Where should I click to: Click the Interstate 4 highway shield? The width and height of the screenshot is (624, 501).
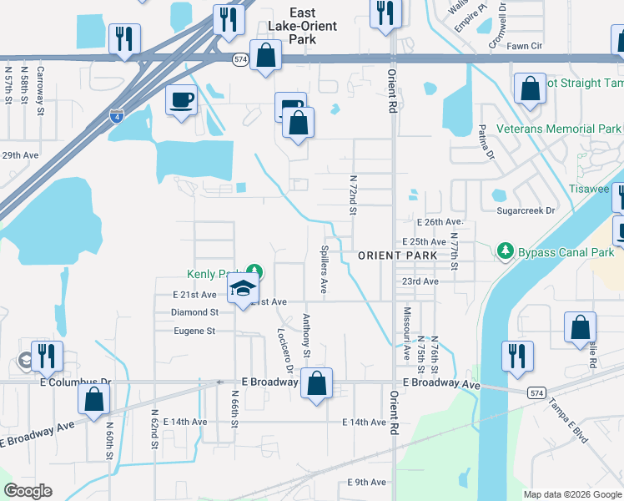point(116,116)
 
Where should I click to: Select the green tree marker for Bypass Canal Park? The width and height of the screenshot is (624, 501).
point(504,250)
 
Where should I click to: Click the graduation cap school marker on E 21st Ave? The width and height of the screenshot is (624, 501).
point(243,289)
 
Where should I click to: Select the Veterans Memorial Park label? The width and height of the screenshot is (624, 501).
point(559,129)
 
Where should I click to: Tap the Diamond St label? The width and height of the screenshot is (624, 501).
point(194,312)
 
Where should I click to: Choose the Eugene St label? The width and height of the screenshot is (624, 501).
point(194,331)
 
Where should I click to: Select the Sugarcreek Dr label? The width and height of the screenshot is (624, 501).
point(526,211)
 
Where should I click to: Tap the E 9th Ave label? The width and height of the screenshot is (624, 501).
point(366,483)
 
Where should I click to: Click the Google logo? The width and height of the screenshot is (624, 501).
point(28,491)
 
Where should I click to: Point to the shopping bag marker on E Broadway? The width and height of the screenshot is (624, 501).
point(316,385)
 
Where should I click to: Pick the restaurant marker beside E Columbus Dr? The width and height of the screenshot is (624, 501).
point(48,357)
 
